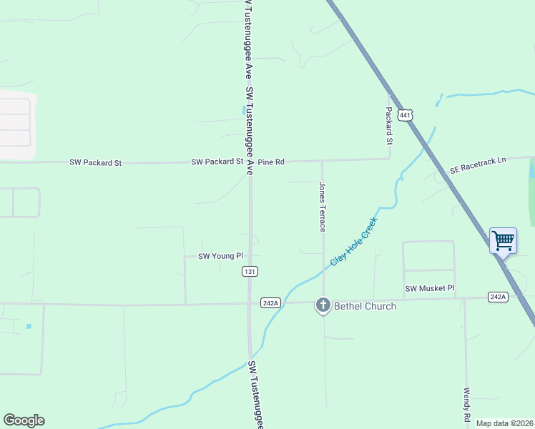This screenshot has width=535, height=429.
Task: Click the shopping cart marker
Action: pyautogui.click(x=503, y=241)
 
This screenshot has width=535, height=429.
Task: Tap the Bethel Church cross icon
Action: pyautogui.click(x=323, y=306)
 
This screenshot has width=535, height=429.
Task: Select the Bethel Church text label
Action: pyautogui.click(x=364, y=307)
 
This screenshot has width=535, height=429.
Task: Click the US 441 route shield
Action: pyautogui.click(x=406, y=115)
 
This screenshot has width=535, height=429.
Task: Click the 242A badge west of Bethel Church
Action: pyautogui.click(x=270, y=303)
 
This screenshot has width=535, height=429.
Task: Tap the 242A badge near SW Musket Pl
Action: pyautogui.click(x=498, y=297)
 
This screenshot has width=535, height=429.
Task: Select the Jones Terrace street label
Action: pyautogui.click(x=323, y=206)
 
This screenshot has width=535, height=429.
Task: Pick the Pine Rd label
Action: pyautogui.click(x=271, y=162)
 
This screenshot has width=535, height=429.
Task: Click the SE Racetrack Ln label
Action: pyautogui.click(x=477, y=165)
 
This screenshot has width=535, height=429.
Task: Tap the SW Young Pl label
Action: pyautogui.click(x=220, y=255)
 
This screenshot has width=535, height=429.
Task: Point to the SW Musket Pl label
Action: pyautogui.click(x=430, y=289)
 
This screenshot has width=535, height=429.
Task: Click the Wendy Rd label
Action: pyautogui.click(x=466, y=405)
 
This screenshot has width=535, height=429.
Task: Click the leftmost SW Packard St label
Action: pyautogui.click(x=95, y=163)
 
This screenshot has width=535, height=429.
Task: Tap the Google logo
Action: pyautogui.click(x=24, y=420)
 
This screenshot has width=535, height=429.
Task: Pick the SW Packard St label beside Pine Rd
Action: pyautogui.click(x=217, y=162)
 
